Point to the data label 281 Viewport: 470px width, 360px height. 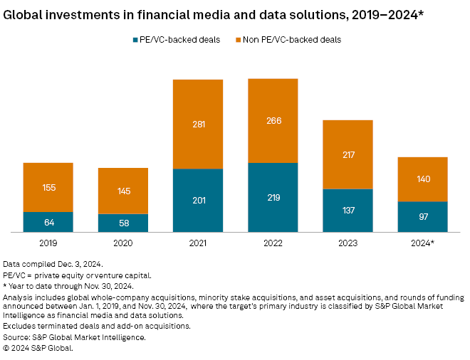(x=198, y=124)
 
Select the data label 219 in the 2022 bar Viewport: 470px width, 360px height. (x=273, y=197)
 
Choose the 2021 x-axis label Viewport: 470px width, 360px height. (x=198, y=243)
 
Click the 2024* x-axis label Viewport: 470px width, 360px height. (x=422, y=243)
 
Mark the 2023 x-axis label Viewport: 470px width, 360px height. (x=348, y=243)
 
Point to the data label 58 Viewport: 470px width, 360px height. (x=123, y=223)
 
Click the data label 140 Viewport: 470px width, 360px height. (x=422, y=179)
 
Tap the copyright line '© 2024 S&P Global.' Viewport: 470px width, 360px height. (x=38, y=347)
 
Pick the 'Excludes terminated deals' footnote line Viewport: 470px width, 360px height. (x=96, y=326)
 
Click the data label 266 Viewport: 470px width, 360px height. (x=273, y=120)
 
